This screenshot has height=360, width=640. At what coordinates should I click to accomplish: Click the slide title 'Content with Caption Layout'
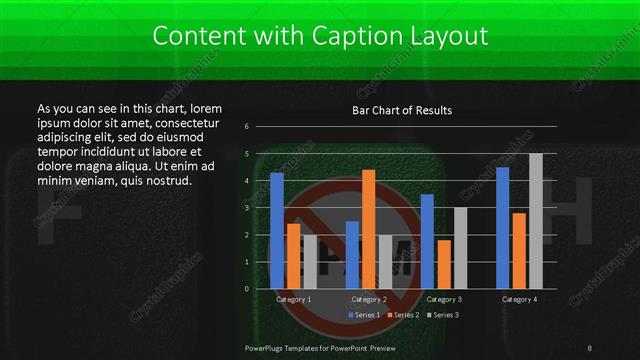(x=320, y=37)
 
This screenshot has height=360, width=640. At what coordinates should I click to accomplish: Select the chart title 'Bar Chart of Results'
(x=402, y=110)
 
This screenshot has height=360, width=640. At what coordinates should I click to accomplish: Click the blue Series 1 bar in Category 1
(x=277, y=231)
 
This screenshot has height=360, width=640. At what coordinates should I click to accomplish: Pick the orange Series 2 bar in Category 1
(x=293, y=256)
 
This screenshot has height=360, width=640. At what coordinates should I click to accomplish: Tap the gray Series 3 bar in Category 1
(x=309, y=262)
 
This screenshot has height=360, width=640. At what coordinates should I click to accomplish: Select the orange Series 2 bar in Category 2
(x=369, y=229)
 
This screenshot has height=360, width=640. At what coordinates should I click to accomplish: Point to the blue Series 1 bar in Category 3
(x=428, y=241)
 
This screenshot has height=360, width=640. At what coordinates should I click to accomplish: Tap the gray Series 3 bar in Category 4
(x=536, y=221)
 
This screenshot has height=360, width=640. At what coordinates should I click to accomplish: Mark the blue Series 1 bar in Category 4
(x=503, y=228)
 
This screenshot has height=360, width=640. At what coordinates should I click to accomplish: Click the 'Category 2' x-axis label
(x=369, y=300)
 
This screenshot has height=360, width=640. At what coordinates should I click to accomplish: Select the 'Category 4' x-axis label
(x=519, y=300)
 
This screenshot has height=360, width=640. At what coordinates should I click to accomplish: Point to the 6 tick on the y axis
(x=260, y=127)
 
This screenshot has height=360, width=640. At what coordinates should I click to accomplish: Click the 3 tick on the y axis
(x=260, y=208)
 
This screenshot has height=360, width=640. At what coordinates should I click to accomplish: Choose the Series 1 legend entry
(x=365, y=315)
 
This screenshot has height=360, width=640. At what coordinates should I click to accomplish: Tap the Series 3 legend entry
(x=443, y=315)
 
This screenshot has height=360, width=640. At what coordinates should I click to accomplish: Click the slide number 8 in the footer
(x=589, y=348)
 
